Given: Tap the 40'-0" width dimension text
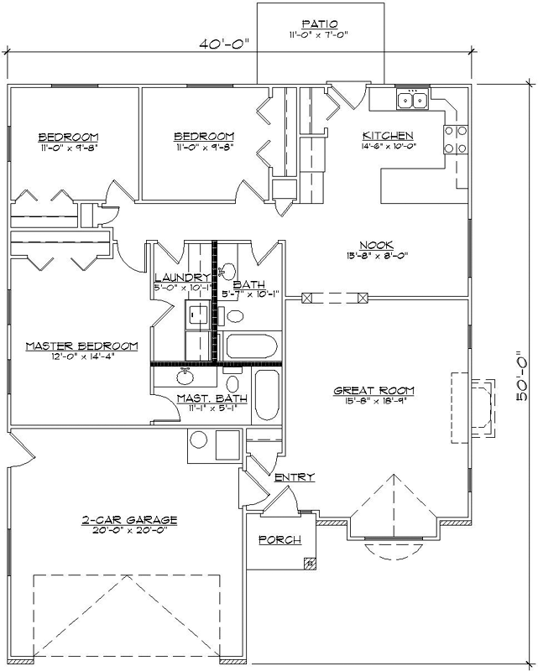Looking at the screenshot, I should (x=226, y=44).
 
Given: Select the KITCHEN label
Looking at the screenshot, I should (x=387, y=136).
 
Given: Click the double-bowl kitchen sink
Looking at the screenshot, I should (x=412, y=101).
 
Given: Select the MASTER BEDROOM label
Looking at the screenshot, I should (x=81, y=346).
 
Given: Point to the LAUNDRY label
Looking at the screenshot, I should (x=181, y=278).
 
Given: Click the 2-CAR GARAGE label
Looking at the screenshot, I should (x=129, y=519).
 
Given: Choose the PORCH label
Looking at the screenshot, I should (x=279, y=539).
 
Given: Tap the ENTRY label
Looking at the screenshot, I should (x=295, y=477).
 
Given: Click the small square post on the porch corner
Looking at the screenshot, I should (x=310, y=564).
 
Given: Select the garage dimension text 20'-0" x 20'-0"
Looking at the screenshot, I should (x=129, y=530).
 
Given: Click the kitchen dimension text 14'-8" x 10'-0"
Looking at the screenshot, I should (x=387, y=146).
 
